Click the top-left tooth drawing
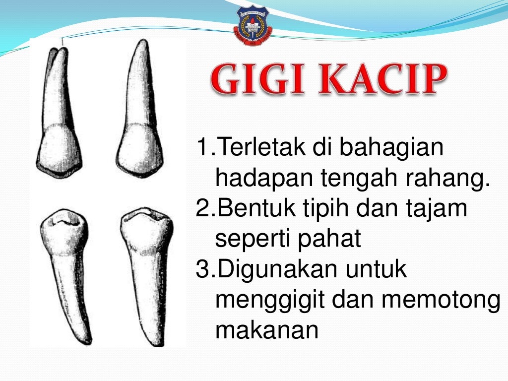click(x=59, y=114)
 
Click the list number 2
click(x=203, y=209)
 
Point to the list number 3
click(x=203, y=270)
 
